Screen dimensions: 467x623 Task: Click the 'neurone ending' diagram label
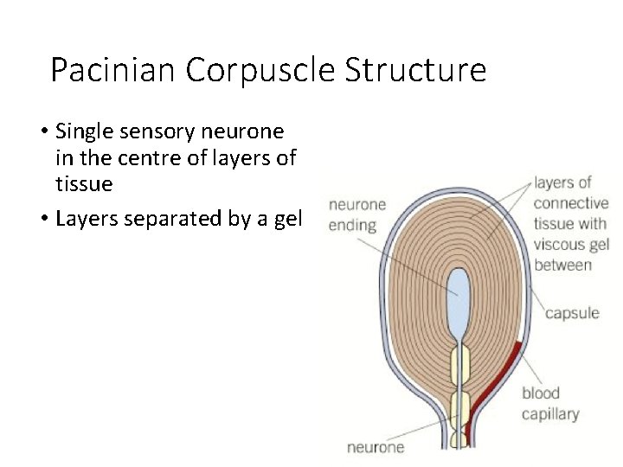tap(356, 214)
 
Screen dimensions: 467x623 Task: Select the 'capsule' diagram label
tap(571, 313)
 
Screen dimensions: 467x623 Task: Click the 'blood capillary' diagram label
tap(549, 404)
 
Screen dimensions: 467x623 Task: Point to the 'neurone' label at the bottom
tap(376, 447)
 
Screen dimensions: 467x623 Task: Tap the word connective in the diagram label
tap(571, 204)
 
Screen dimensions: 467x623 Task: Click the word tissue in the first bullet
tap(84, 184)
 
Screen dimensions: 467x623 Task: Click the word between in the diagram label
tap(562, 265)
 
